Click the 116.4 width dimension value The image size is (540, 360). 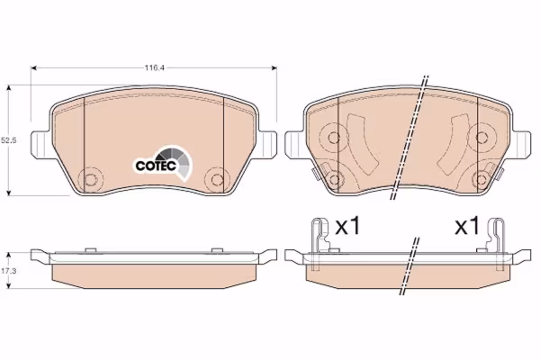154,67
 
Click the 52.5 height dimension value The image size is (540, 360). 9,140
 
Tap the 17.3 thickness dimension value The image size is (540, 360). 9,271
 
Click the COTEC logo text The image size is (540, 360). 156,166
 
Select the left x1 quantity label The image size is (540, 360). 347,226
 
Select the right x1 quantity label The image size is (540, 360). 467,226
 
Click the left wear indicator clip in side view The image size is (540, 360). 319,241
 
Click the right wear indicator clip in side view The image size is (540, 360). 496,241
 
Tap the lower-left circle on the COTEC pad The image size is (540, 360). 91,179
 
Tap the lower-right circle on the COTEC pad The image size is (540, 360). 217,179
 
